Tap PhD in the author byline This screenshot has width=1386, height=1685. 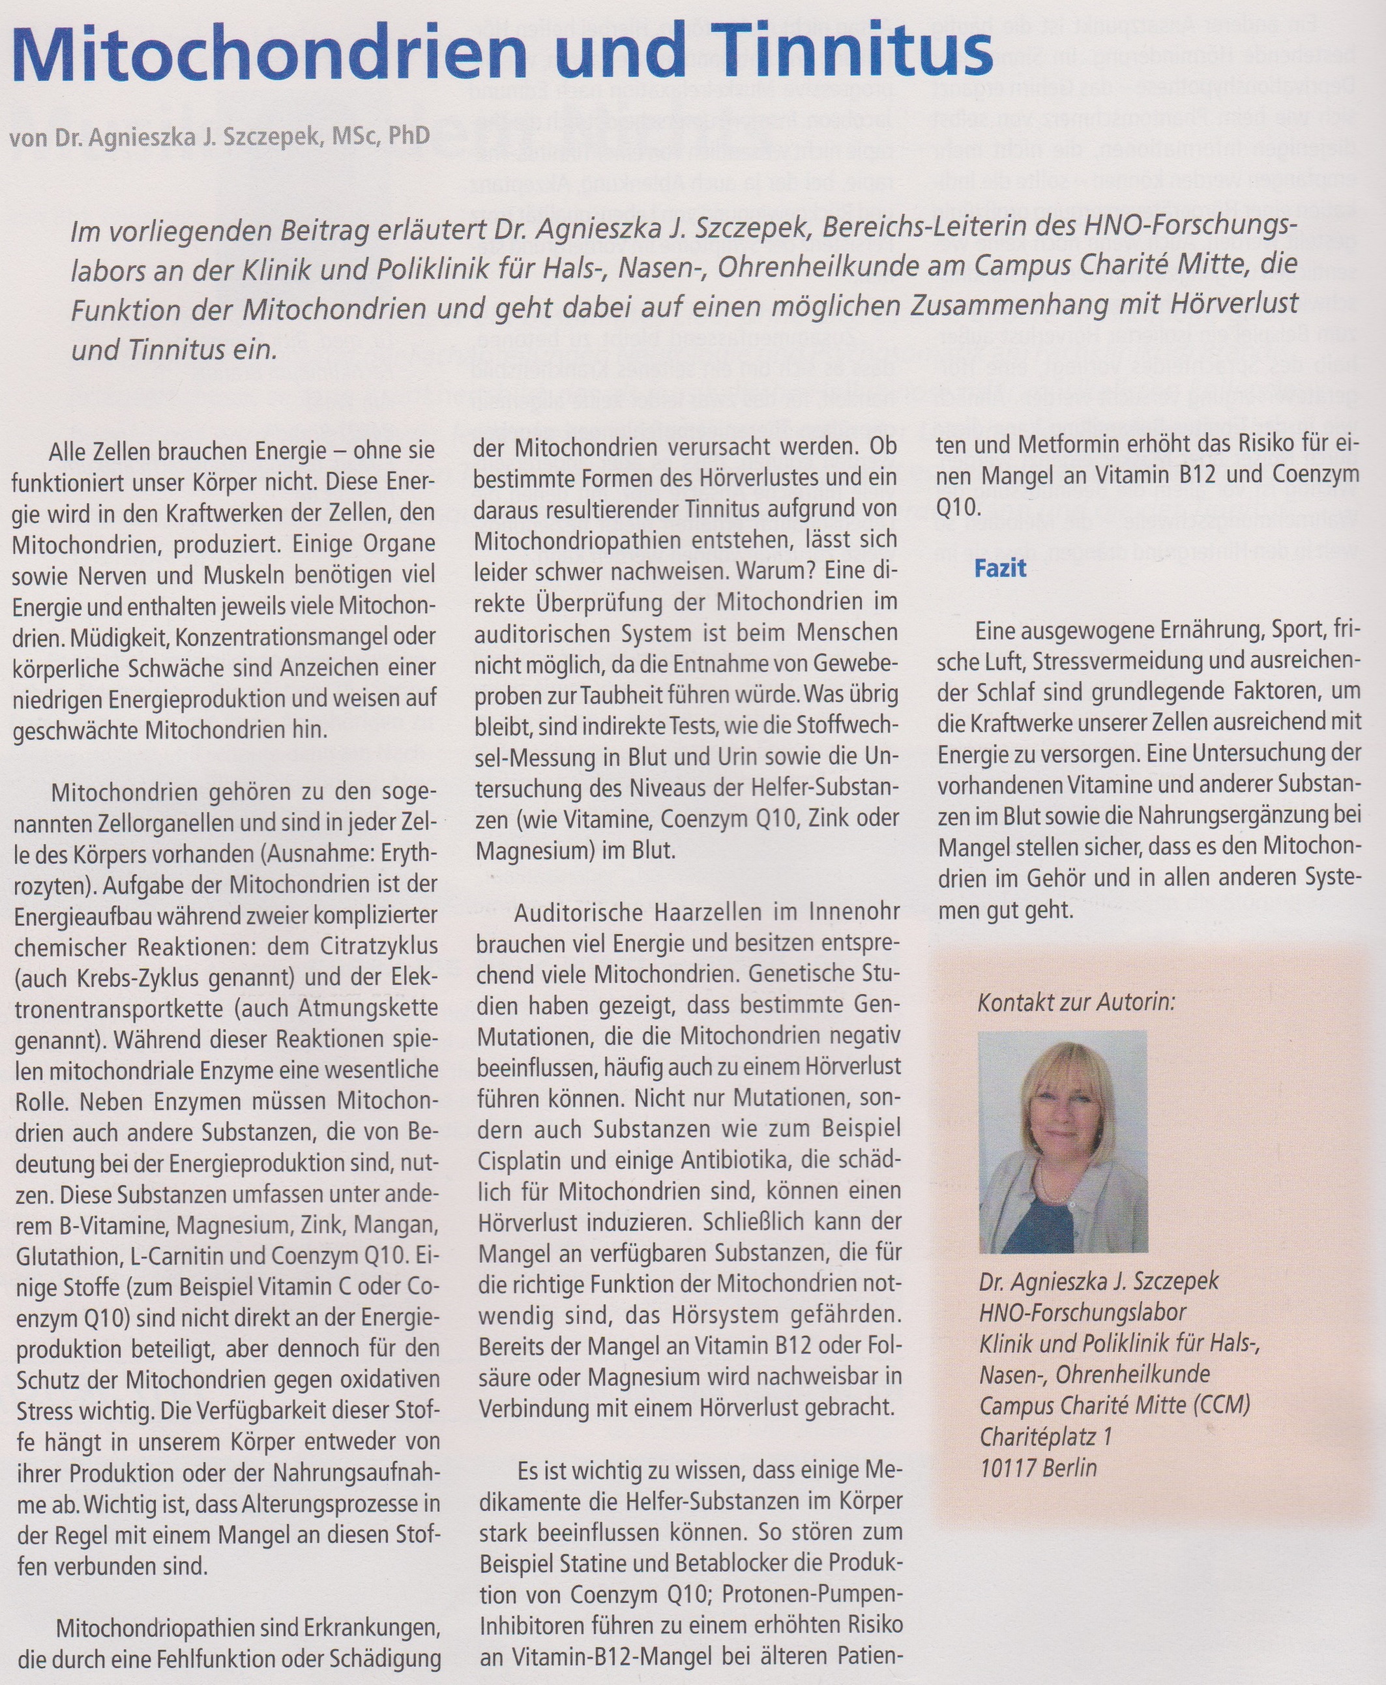[408, 135]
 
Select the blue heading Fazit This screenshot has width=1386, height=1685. [999, 569]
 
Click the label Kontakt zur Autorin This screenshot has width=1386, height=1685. [1076, 1002]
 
